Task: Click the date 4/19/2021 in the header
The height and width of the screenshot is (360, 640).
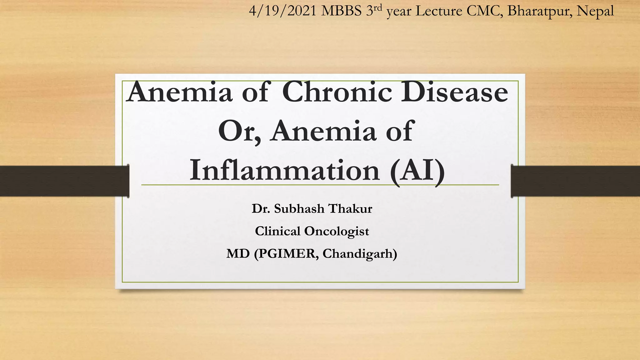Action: (283, 11)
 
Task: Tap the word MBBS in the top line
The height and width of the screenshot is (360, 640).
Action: (341, 11)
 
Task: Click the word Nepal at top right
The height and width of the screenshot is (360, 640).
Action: (595, 11)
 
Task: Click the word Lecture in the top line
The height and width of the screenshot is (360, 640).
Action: (439, 11)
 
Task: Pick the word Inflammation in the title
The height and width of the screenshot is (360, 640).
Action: (284, 171)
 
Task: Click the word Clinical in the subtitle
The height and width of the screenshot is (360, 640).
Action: (277, 231)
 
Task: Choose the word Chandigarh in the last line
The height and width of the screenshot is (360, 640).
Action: (360, 254)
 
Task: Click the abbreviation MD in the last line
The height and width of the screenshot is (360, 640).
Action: (238, 254)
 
